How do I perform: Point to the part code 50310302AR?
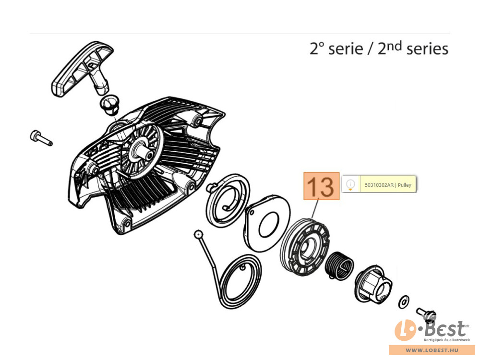click(379, 185)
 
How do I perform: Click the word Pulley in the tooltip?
click(405, 185)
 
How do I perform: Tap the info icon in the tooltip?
click(351, 184)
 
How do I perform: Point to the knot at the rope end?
click(197, 234)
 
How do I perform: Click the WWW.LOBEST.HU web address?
click(432, 351)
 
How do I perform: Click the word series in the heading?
click(427, 49)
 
